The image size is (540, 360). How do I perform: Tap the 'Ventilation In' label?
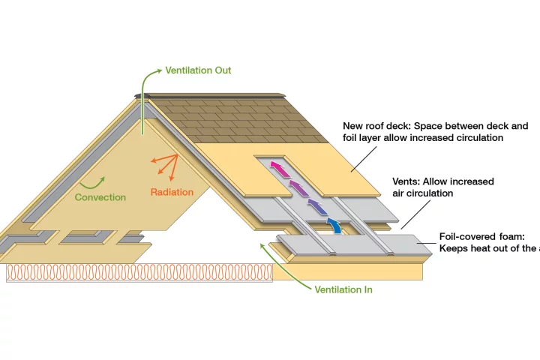343,289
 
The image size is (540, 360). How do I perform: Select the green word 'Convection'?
100,197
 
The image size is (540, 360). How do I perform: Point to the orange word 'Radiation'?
172,192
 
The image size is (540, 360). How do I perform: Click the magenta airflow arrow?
278,167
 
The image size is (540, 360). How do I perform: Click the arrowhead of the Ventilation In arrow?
259,243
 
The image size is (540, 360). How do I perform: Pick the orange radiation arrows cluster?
163,164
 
